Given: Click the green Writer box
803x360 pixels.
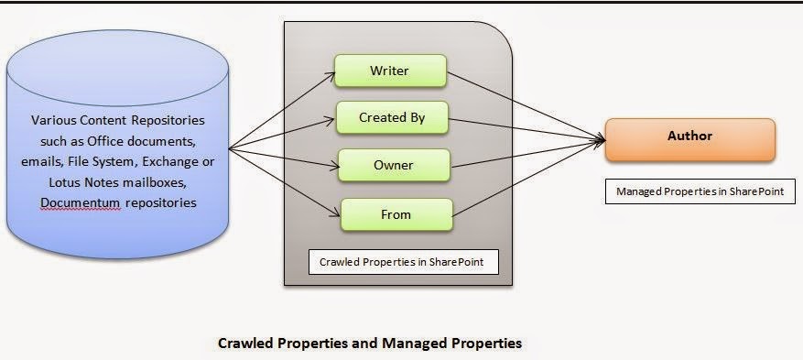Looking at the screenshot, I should click(x=390, y=70).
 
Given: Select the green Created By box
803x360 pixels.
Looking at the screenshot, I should click(x=392, y=117).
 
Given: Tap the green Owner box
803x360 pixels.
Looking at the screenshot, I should click(x=393, y=166).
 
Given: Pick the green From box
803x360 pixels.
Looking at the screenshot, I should click(x=396, y=214).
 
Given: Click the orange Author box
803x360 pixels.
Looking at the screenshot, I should click(x=689, y=137).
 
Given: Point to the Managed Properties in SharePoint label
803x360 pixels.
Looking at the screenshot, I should click(x=700, y=191).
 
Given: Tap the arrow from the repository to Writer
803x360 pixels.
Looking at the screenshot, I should click(x=279, y=110).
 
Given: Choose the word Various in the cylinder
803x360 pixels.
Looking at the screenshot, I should click(x=51, y=121).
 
